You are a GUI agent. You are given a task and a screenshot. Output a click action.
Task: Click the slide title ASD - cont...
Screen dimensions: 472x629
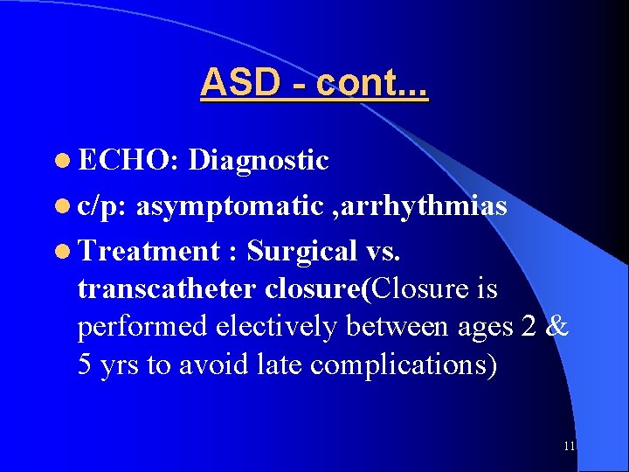click(314, 83)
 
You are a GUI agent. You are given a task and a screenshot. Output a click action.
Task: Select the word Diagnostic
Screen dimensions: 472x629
click(259, 161)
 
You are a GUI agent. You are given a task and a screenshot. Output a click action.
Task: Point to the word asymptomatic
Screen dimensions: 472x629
click(230, 207)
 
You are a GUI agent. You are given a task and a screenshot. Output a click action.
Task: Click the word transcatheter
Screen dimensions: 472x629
click(166, 288)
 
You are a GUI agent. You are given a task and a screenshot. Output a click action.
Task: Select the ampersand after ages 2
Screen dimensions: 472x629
click(558, 326)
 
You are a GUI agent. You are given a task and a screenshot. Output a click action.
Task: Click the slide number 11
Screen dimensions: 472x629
click(569, 447)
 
